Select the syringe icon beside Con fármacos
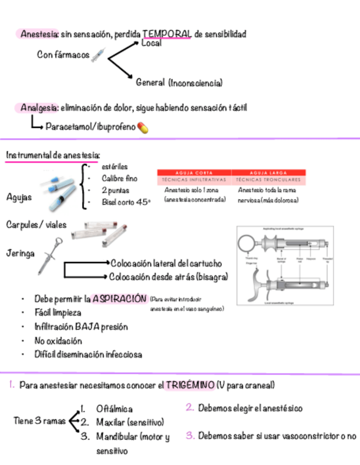pyautogui.click(x=98, y=55)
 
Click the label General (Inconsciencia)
pyautogui.click(x=179, y=83)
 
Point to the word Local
pyautogui.click(x=151, y=43)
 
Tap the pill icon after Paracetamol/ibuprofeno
pyautogui.click(x=143, y=127)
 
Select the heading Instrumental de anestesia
pyautogui.click(x=53, y=155)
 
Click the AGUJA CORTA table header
pyautogui.click(x=194, y=172)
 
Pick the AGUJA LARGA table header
pyautogui.click(x=268, y=172)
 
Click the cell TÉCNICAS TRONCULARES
pyautogui.click(x=268, y=179)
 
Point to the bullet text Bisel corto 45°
pyautogui.click(x=126, y=202)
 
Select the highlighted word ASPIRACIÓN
pyautogui.click(x=119, y=299)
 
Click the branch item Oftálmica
pyautogui.click(x=114, y=409)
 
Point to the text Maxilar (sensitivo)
pyautogui.click(x=130, y=422)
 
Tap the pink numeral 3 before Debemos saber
pyautogui.click(x=189, y=436)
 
